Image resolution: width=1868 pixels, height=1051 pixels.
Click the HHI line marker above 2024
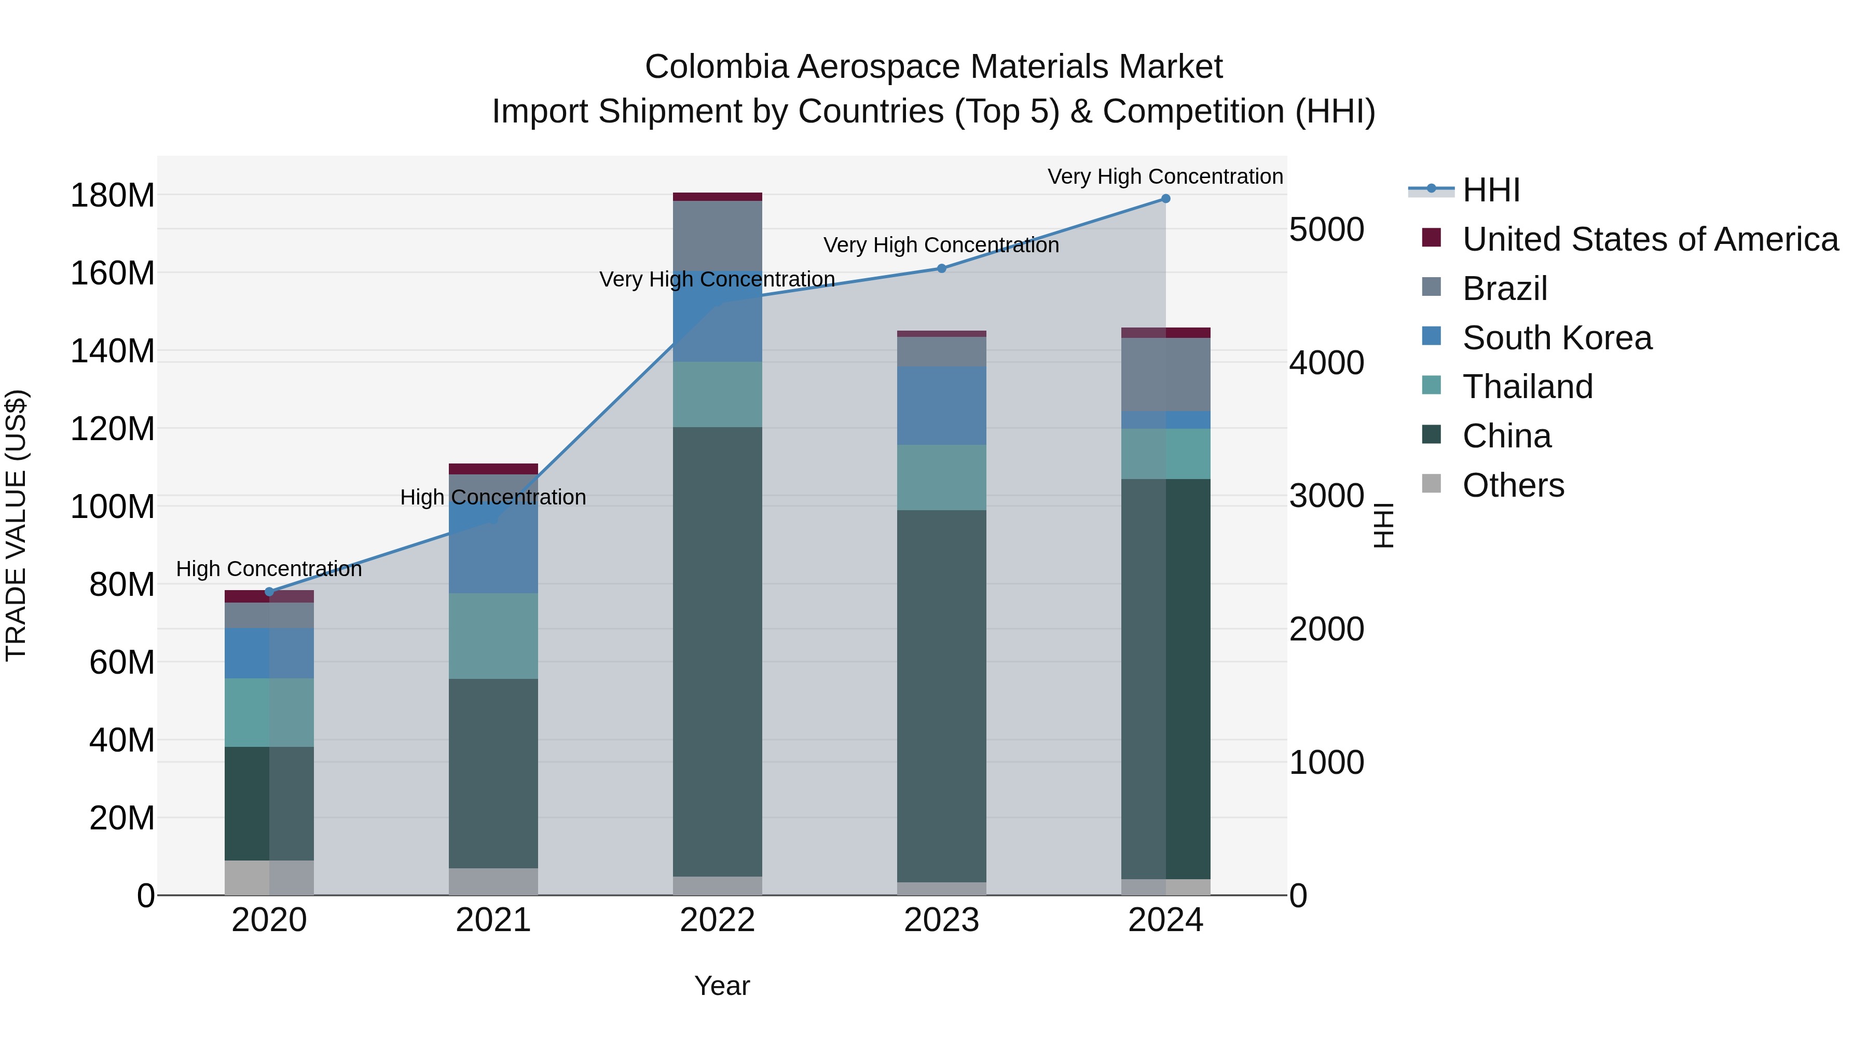click(1165, 199)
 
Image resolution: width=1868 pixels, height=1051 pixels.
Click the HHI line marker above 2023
click(941, 268)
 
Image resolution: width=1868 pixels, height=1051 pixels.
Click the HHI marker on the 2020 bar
click(269, 592)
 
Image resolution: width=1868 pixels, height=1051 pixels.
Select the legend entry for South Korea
click(1557, 338)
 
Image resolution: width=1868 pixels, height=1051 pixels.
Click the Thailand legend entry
click(1527, 387)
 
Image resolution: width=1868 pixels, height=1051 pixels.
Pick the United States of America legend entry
click(1650, 239)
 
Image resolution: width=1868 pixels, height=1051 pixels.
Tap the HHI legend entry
click(1490, 190)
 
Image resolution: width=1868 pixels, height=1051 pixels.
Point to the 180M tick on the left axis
click(113, 196)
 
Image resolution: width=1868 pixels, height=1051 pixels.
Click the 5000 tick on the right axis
click(1326, 230)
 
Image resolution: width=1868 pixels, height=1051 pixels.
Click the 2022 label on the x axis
click(717, 920)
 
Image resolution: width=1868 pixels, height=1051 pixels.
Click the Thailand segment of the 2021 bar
click(493, 636)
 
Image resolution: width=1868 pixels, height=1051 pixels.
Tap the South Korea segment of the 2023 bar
click(941, 406)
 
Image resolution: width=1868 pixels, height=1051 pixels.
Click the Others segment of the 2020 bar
click(269, 878)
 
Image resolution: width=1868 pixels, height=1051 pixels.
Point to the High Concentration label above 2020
click(269, 569)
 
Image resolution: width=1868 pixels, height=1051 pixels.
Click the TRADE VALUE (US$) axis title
click(16, 526)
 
